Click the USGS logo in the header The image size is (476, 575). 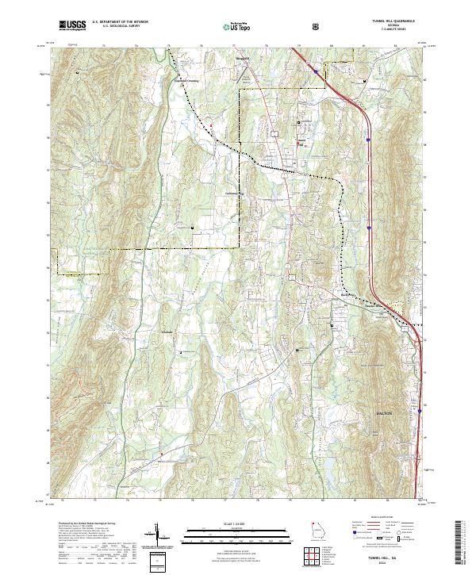(x=72, y=25)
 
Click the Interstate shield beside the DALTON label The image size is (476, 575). (x=417, y=412)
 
